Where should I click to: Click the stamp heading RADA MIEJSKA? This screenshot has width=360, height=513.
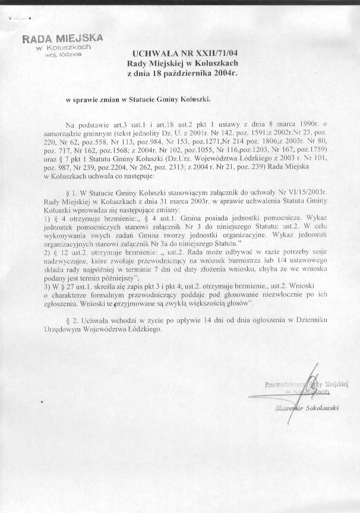coord(62,37)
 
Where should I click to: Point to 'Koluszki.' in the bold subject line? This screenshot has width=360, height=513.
coord(192,101)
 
